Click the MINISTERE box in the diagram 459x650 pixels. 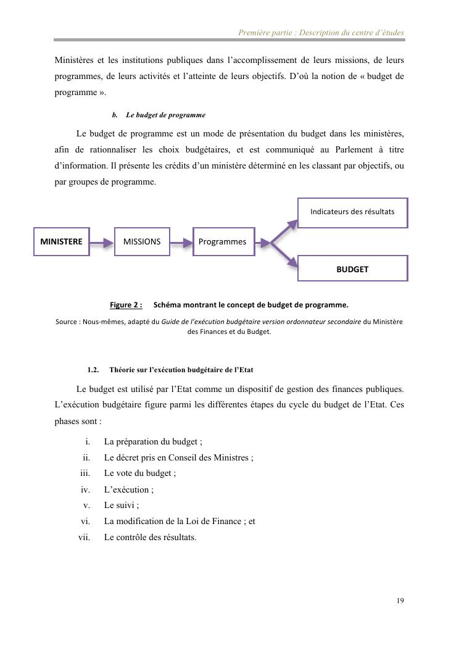tap(61, 242)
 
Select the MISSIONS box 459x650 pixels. tap(142, 242)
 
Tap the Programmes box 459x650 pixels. tap(223, 242)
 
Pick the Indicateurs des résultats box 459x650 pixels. tap(352, 212)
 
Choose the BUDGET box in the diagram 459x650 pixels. tap(352, 269)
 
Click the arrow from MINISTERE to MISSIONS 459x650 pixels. tap(102, 243)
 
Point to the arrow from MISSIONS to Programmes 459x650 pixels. tap(181, 243)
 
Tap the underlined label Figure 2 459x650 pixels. tap(126, 305)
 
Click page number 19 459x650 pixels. tap(401, 601)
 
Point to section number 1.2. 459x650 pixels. tap(93, 370)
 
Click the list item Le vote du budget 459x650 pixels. tap(140, 473)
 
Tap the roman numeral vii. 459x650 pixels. tap(84, 537)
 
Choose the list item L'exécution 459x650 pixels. tap(129, 490)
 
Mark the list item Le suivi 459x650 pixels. tap(122, 506)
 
